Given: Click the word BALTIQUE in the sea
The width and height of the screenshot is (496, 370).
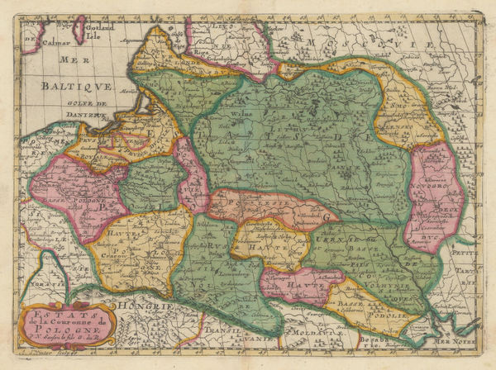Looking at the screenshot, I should pyautogui.click(x=74, y=84).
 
